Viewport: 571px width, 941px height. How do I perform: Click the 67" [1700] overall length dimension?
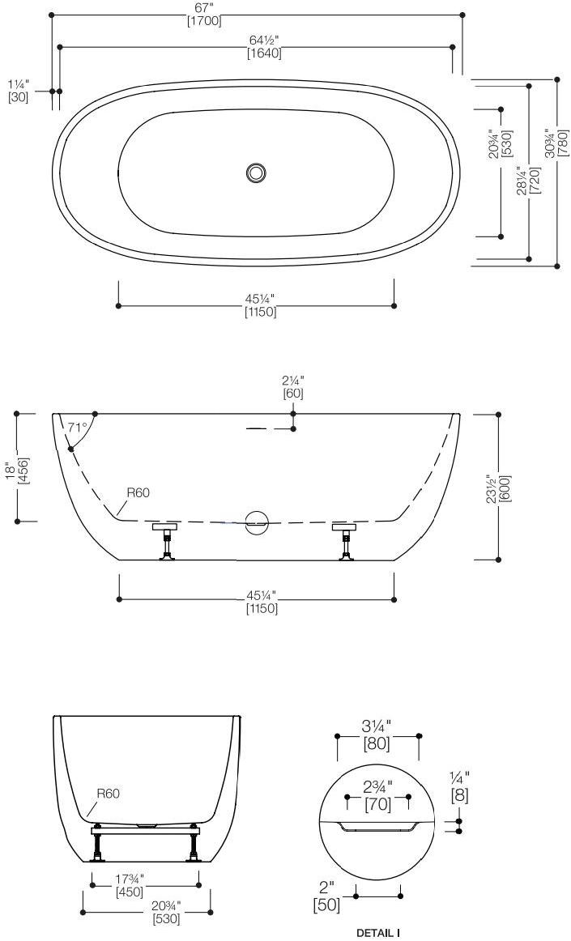(x=204, y=15)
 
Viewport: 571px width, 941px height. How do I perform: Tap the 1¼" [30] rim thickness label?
(x=18, y=90)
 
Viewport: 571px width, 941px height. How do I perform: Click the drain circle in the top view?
(x=256, y=172)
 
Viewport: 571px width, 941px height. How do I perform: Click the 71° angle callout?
(x=77, y=427)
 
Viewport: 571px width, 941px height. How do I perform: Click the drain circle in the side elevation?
(x=258, y=522)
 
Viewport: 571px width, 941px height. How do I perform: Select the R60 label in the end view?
(x=109, y=794)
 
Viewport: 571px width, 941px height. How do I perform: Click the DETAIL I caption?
(x=377, y=933)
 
